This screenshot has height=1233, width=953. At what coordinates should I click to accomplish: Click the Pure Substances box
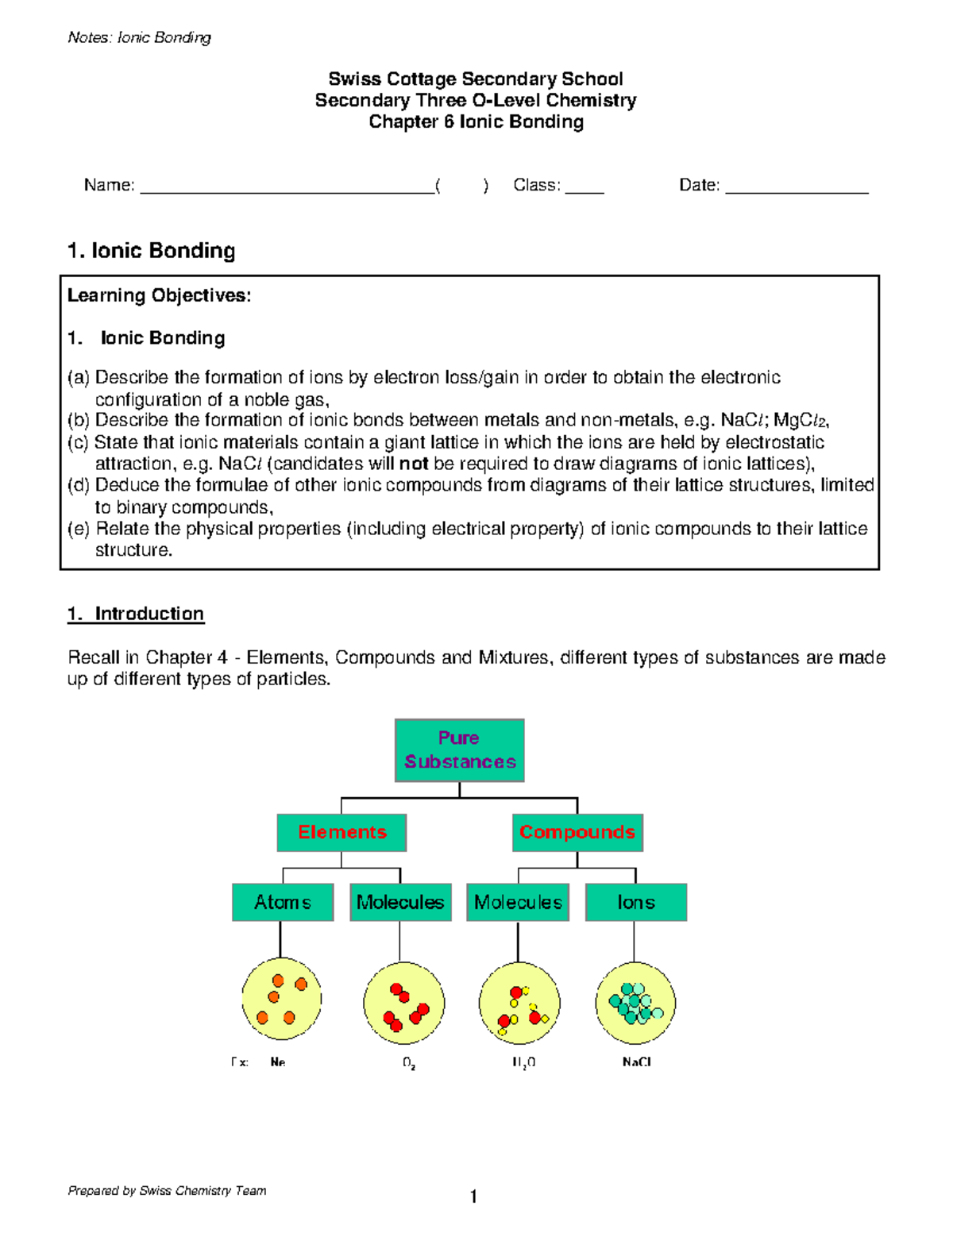459,750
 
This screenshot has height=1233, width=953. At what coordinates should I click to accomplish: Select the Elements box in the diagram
341,832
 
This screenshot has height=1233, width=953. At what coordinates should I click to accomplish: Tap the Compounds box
577,832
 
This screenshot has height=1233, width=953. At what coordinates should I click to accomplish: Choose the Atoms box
283,902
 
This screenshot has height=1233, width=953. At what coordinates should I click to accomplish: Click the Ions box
635,902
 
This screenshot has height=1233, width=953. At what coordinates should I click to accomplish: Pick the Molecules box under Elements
400,902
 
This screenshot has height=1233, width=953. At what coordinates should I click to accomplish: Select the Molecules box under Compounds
518,902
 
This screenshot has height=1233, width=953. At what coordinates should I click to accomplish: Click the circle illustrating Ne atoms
282,999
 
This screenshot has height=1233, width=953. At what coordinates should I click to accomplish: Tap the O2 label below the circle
409,1063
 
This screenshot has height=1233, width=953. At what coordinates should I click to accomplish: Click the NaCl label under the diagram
637,1062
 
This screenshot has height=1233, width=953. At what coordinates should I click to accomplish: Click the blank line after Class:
585,191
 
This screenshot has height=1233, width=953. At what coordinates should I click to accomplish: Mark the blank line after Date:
797,191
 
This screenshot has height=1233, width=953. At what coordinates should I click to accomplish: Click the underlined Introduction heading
149,614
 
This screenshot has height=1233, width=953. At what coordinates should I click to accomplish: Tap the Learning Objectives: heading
159,296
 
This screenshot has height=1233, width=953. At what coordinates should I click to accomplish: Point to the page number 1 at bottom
473,1196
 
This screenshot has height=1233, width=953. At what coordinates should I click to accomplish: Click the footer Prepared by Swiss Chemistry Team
167,1190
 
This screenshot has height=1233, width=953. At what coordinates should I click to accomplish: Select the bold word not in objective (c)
413,464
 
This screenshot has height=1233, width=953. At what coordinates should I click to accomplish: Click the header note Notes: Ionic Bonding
140,37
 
